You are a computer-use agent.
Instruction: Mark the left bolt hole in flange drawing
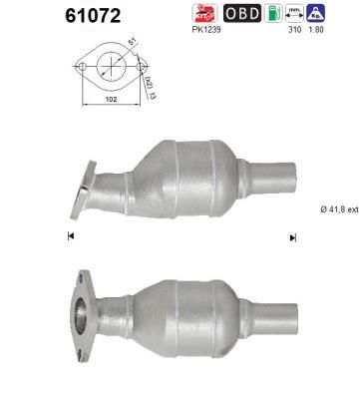click(x=79, y=67)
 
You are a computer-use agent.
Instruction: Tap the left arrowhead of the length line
click(x=70, y=236)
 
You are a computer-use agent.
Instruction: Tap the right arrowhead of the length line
click(x=292, y=236)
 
